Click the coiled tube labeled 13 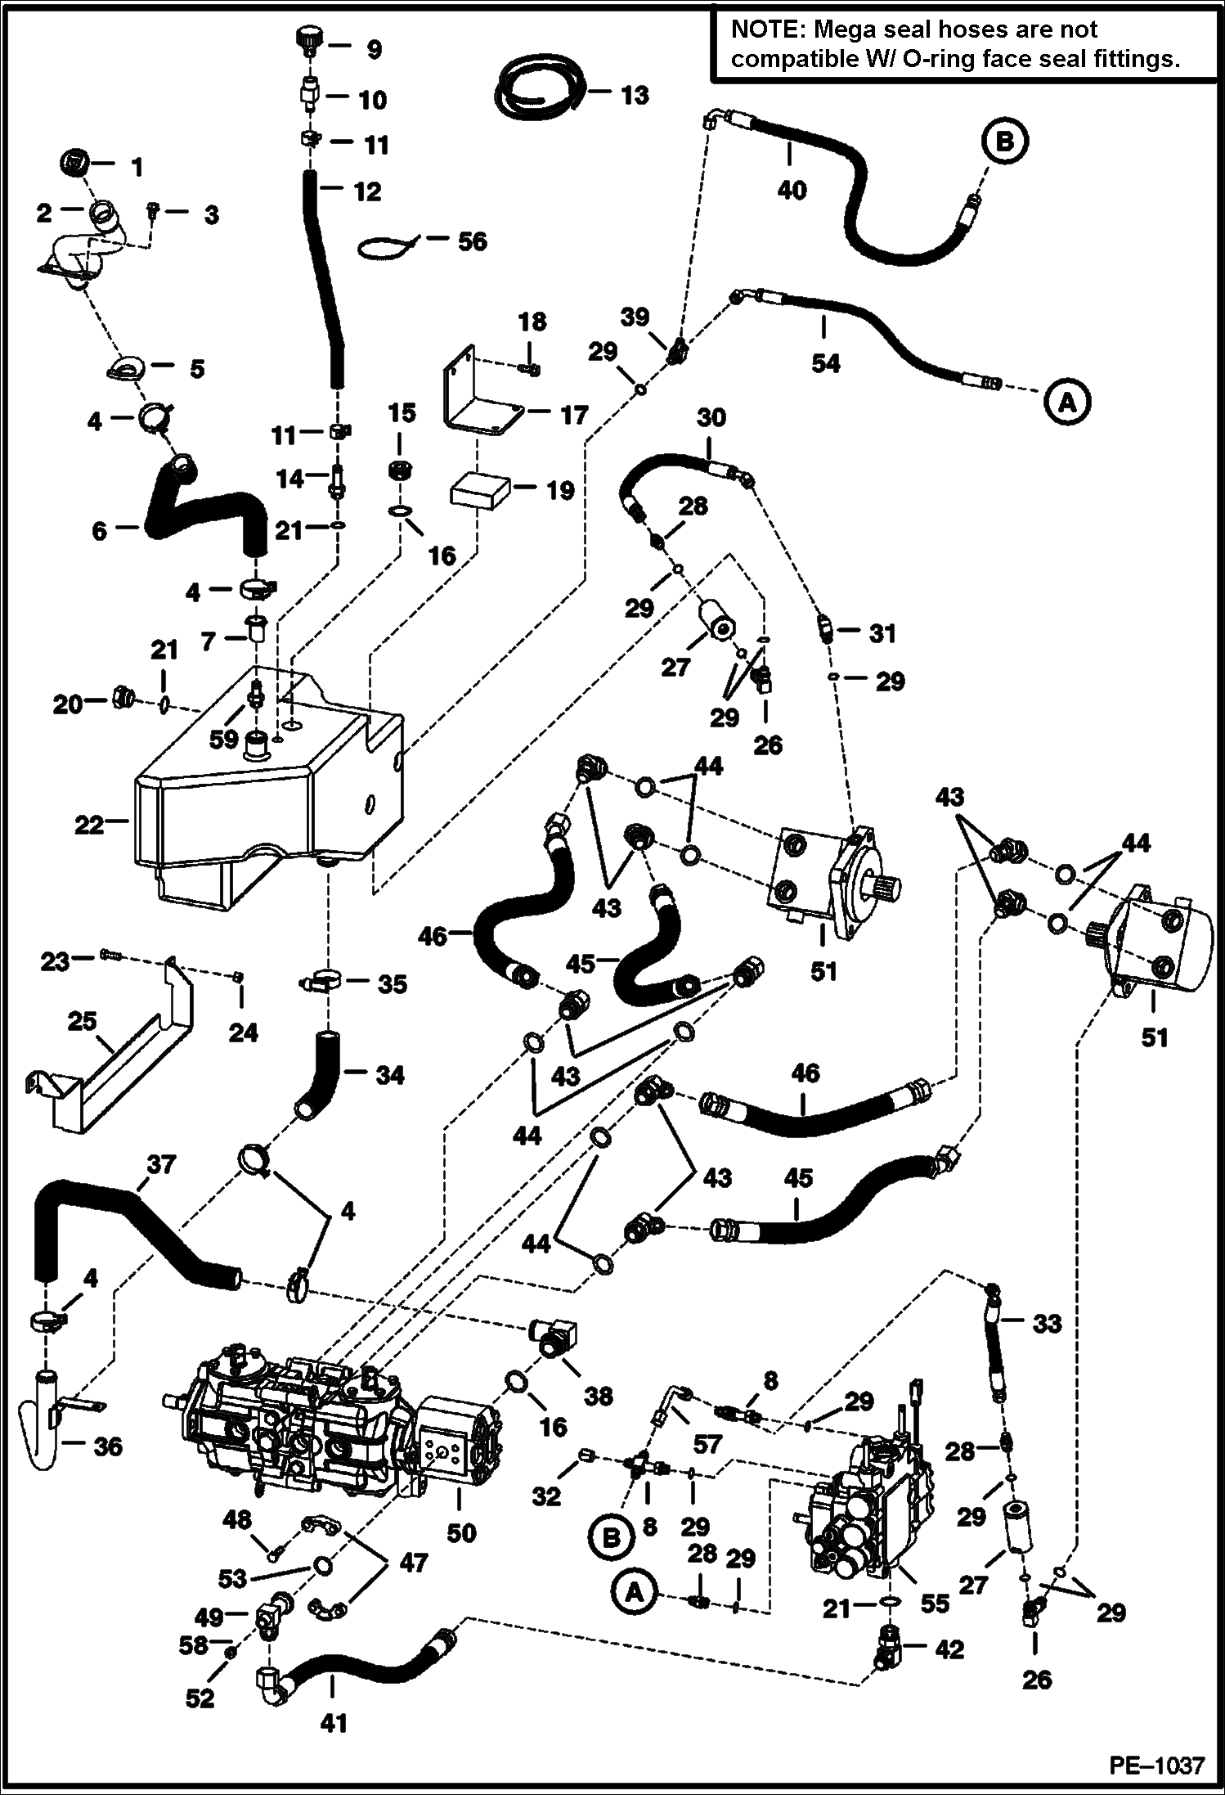[x=536, y=88]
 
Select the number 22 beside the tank [x=89, y=825]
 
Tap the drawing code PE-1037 [x=1156, y=1766]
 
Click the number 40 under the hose [x=792, y=190]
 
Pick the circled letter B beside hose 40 [x=1004, y=141]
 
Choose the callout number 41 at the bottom [x=333, y=1723]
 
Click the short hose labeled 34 [x=321, y=1078]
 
